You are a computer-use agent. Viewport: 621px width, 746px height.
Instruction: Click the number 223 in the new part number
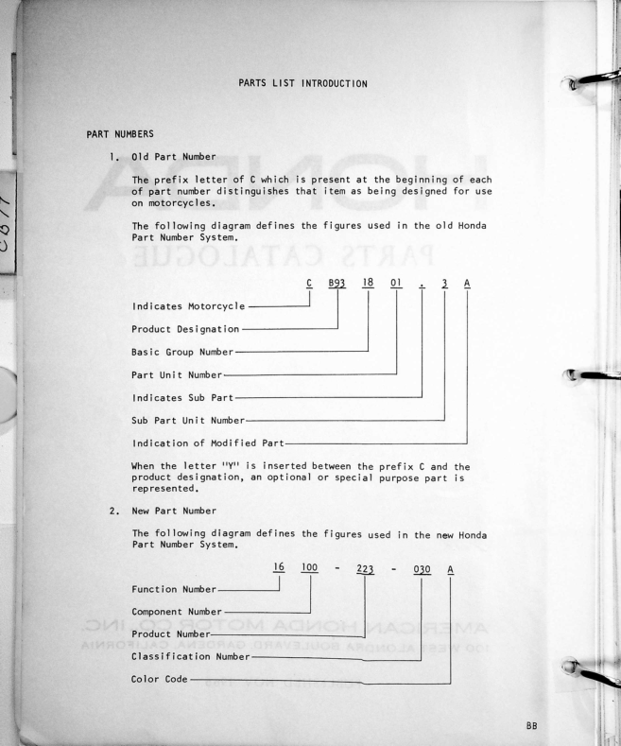[366, 562]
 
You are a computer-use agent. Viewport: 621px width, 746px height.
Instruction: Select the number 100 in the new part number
[312, 562]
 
